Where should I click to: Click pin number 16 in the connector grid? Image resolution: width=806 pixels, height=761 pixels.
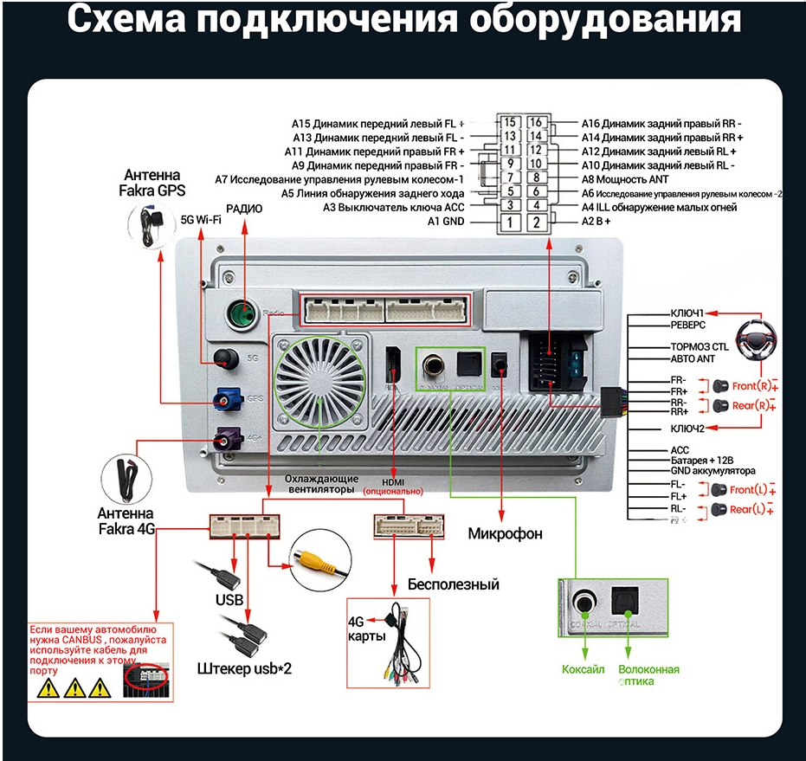pos(536,122)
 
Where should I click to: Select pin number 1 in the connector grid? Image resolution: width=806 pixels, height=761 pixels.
pos(511,222)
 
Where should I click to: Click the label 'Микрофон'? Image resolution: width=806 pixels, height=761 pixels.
pos(506,533)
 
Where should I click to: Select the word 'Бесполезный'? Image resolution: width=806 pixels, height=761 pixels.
pos(453,584)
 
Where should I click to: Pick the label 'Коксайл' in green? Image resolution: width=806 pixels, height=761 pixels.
pos(583,669)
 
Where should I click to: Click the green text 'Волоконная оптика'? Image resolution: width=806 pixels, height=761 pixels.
pos(648,675)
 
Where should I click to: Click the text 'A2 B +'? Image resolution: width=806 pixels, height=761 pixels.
pos(597,222)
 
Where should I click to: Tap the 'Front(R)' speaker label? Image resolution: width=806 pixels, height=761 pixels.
pos(749,385)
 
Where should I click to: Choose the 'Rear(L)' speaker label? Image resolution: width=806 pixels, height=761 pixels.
pos(748,510)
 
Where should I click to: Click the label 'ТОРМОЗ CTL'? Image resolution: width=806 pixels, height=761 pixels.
pos(699,346)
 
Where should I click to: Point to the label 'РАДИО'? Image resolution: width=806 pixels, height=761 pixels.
pos(244,209)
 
